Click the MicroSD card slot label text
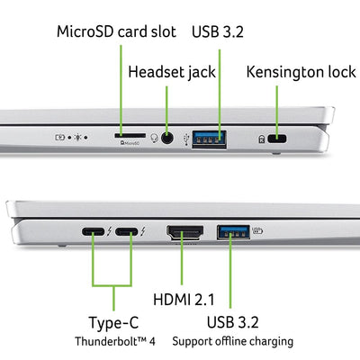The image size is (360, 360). [x=118, y=32]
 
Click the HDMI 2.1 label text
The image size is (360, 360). [x=183, y=298]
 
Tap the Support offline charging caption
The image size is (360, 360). [x=232, y=341]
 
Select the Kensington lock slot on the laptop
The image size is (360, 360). [x=277, y=139]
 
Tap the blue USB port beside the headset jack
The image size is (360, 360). [x=209, y=138]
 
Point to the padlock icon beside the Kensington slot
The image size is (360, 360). [x=260, y=139]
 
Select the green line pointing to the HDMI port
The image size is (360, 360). [x=183, y=265]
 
